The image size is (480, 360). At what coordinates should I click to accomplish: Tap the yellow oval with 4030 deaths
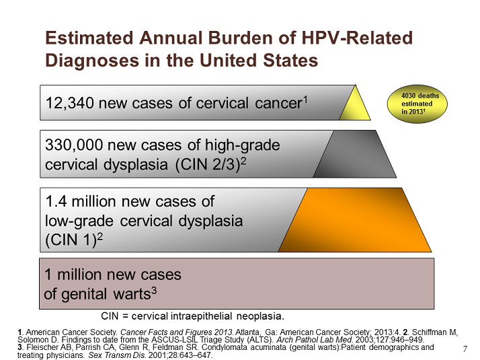click(x=417, y=104)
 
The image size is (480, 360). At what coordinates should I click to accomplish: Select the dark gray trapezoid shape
click(x=354, y=154)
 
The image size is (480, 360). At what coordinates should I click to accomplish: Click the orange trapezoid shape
click(x=355, y=220)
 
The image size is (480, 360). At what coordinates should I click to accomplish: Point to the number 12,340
click(x=69, y=103)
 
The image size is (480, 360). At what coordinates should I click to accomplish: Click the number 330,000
click(x=74, y=145)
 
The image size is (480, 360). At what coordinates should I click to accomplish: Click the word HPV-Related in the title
click(x=357, y=38)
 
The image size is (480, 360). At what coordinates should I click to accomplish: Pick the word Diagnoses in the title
click(x=92, y=60)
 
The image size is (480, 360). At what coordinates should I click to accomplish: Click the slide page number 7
click(x=465, y=349)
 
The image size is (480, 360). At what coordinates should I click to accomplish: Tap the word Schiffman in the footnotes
click(x=435, y=332)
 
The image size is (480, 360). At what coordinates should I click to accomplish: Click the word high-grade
click(x=242, y=145)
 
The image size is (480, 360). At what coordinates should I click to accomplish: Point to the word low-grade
click(x=79, y=221)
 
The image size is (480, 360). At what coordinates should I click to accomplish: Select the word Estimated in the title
click(x=89, y=38)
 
